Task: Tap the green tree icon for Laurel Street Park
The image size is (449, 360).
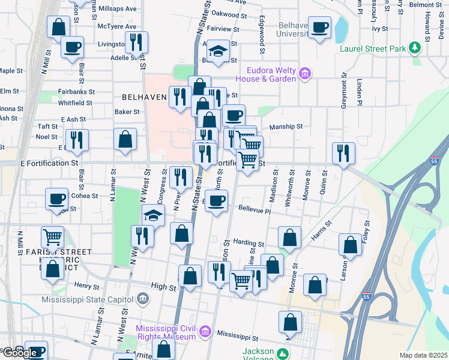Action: (414, 47)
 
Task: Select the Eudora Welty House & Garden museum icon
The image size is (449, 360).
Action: (305, 74)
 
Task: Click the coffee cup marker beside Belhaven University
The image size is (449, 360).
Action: (319, 27)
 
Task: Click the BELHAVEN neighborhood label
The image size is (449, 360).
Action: (144, 97)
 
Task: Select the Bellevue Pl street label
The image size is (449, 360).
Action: (255, 211)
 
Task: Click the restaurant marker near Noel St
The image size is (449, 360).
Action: (77, 140)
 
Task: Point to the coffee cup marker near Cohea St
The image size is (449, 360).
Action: (58, 199)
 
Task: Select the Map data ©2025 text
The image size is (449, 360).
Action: (423, 355)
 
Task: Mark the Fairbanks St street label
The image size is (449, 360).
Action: (77, 92)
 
